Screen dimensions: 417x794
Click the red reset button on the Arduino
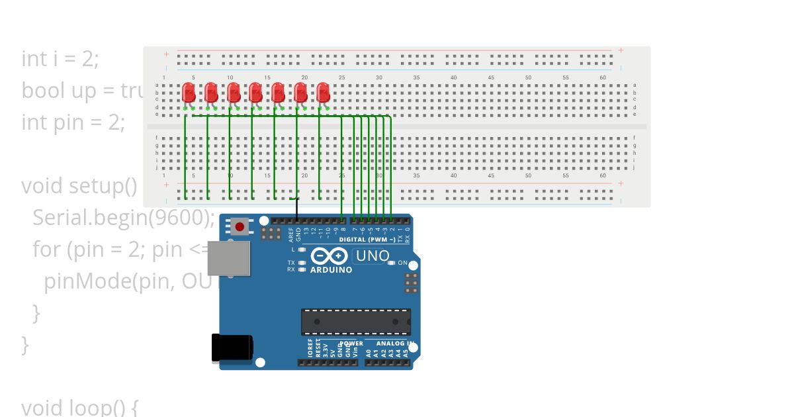pos(240,227)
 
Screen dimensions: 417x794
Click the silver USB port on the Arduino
pos(229,258)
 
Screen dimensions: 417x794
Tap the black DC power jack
pos(232,347)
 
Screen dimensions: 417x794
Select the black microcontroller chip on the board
pos(356,321)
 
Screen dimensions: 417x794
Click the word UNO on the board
pos(372,255)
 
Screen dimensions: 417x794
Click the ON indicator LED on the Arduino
pos(391,263)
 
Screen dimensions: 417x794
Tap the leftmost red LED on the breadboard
pos(189,92)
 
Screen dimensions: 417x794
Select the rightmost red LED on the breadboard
pos(323,92)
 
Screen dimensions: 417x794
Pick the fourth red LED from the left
pos(255,92)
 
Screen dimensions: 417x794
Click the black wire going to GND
pos(297,208)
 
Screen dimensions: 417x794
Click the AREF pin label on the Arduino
pos(291,232)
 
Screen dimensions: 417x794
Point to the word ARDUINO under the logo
pos(331,270)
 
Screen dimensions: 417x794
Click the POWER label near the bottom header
pos(351,344)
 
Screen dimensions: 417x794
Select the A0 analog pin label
pos(369,353)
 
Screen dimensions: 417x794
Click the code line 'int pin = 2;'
pos(73,122)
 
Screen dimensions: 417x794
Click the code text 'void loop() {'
pos(79,407)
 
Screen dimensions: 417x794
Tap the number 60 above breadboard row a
pos(603,78)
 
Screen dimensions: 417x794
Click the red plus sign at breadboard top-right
pos(621,51)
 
